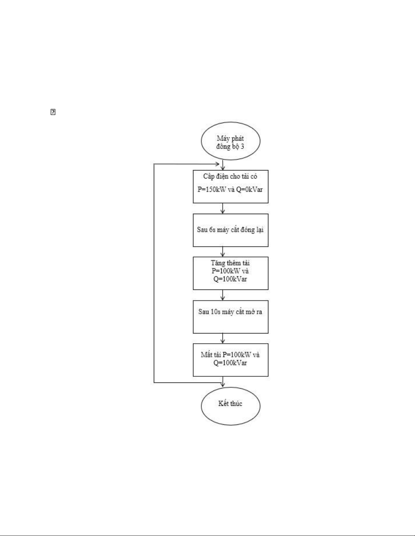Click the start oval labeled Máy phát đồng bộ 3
tap(230, 141)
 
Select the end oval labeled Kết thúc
tap(230, 406)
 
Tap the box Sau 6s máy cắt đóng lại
tap(230, 230)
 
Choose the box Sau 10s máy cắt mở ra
tap(230, 317)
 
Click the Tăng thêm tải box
tap(230, 273)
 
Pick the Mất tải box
tap(230, 360)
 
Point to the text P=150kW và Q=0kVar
tap(230, 189)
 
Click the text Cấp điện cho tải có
tap(230, 177)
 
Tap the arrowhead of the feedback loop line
tap(217, 164)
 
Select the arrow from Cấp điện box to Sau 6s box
tap(223, 208)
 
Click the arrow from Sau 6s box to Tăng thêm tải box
tap(223, 252)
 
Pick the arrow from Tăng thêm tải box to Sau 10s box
tap(223, 295)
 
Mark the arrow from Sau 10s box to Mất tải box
tap(223, 339)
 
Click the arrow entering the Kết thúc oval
tap(223, 382)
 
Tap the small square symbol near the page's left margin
tap(53, 112)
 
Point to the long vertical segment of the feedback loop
tap(154, 273)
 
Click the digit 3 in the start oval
tap(242, 146)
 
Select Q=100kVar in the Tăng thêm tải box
tap(230, 279)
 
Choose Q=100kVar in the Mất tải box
tap(230, 363)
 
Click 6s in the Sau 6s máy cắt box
tap(212, 230)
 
